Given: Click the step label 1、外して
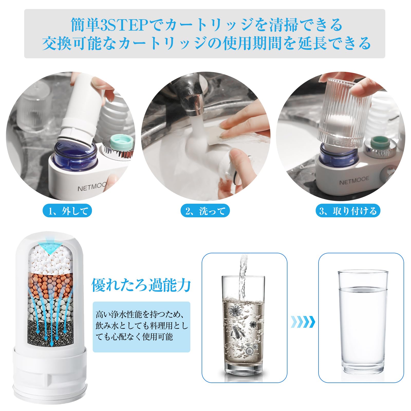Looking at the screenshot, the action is (67, 211).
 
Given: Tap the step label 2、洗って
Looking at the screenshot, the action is (205, 211).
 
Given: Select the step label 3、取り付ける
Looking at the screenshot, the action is (348, 211).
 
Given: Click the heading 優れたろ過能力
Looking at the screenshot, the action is (141, 285).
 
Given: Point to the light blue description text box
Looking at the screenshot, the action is (142, 327).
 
